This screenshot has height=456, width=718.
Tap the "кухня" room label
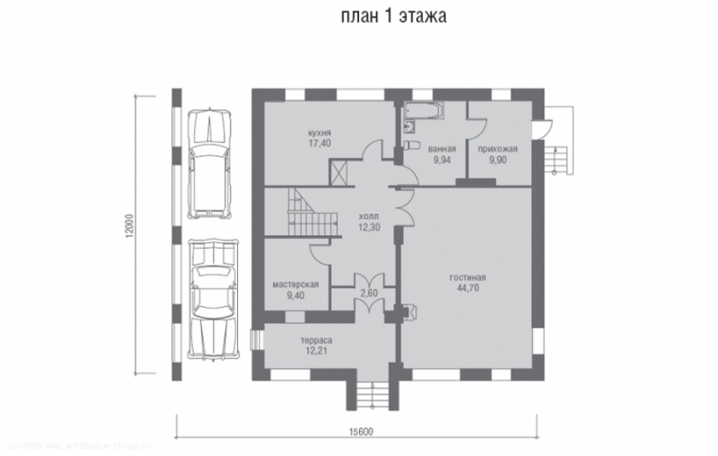click(x=320, y=131)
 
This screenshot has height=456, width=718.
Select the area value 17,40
click(x=320, y=143)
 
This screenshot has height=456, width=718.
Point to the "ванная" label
click(x=442, y=149)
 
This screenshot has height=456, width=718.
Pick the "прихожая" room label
click(x=498, y=149)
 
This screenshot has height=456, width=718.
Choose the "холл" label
click(x=368, y=216)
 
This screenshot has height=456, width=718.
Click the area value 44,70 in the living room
click(x=468, y=288)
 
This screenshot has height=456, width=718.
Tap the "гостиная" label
click(x=468, y=276)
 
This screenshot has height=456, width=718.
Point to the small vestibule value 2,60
click(x=368, y=293)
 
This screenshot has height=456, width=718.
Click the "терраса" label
click(x=316, y=341)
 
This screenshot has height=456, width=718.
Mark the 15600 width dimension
click(x=360, y=431)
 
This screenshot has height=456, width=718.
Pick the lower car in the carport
click(x=212, y=300)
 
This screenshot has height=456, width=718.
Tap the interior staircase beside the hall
click(x=311, y=214)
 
